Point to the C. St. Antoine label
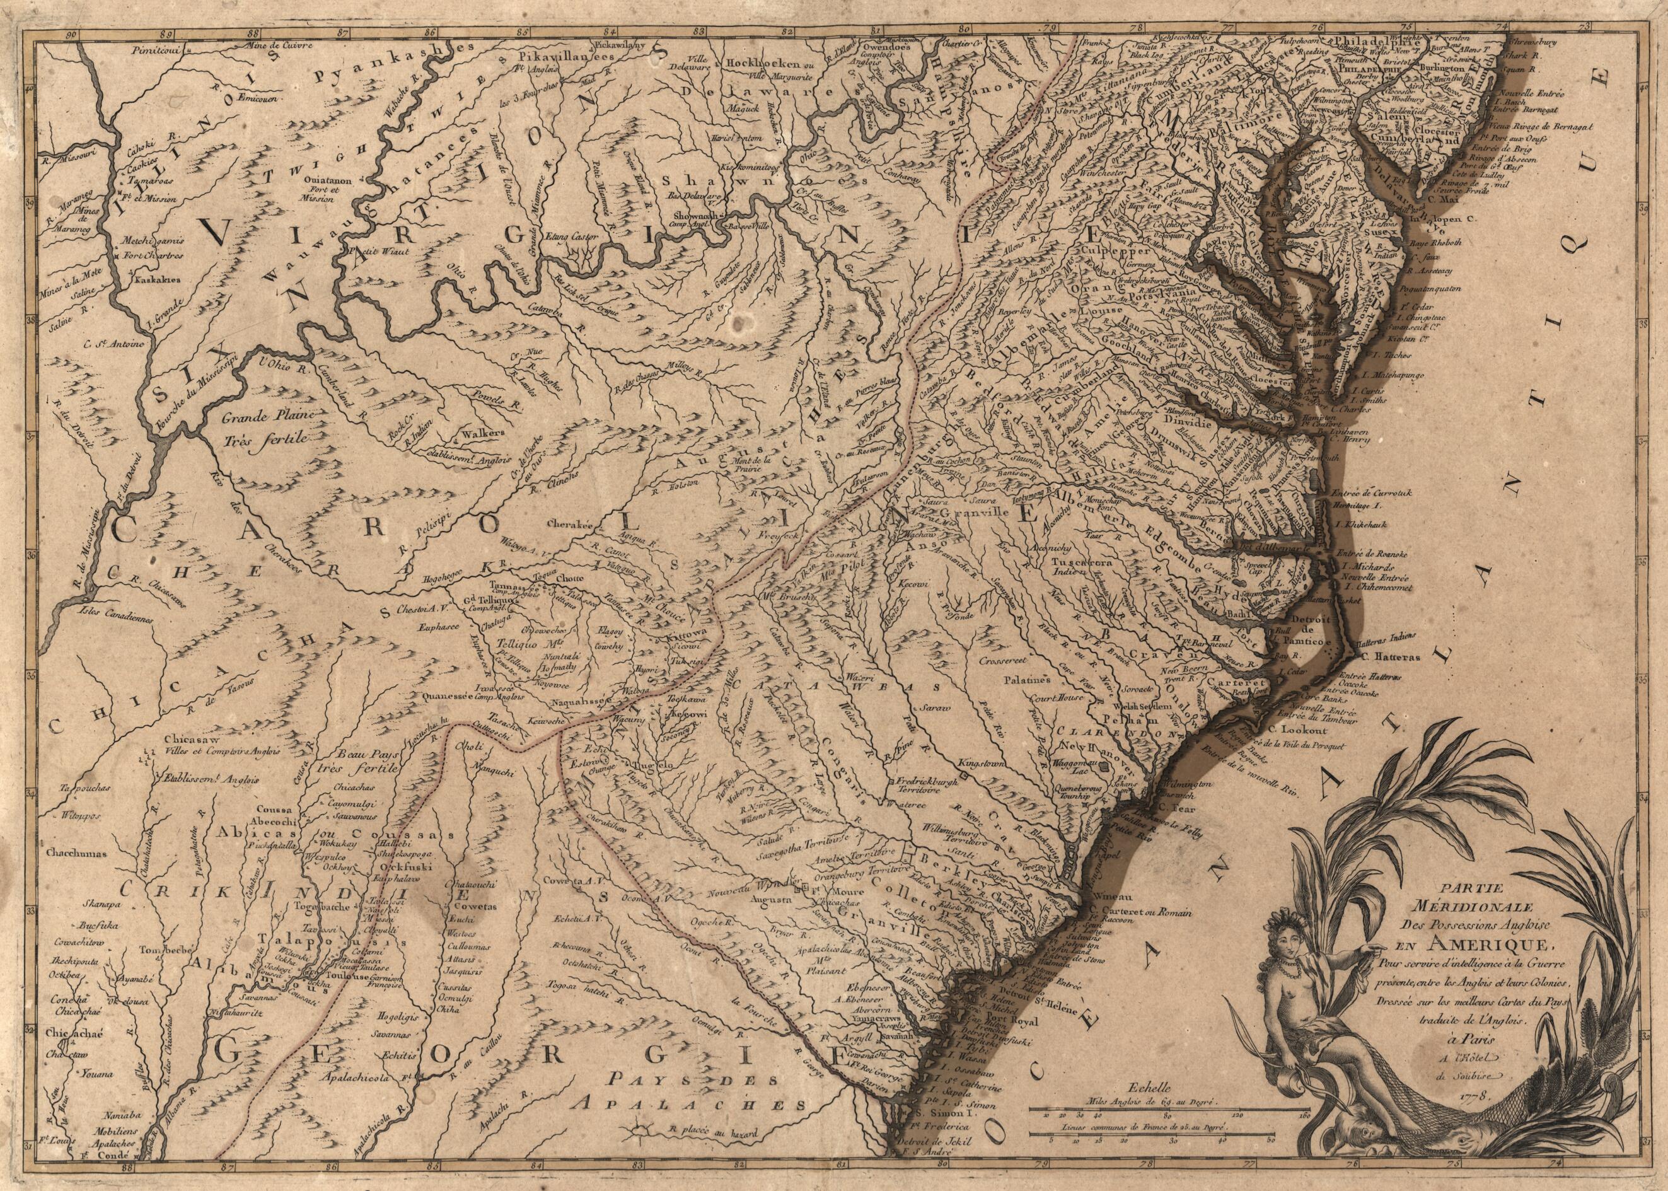point(115,342)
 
